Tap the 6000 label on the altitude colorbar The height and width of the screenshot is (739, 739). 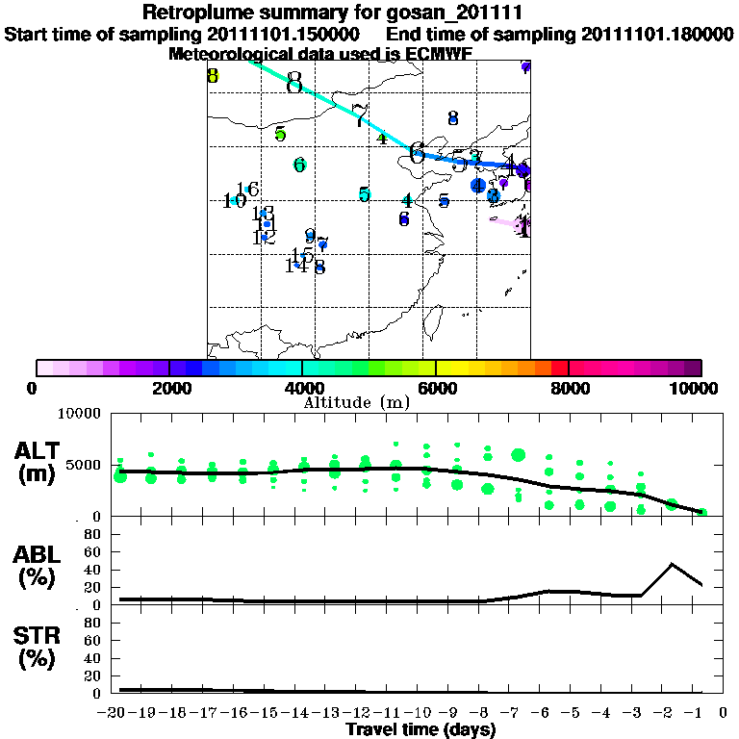tap(435, 388)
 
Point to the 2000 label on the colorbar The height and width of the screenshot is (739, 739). tap(168, 388)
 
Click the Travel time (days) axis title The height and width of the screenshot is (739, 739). tap(420, 729)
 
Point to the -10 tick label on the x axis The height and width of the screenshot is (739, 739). tap(420, 713)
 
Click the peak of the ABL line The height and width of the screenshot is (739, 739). tap(672, 564)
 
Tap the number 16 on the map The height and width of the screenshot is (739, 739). tap(247, 190)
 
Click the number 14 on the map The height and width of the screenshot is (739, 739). tap(295, 265)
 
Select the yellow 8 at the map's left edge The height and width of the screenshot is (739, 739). tap(213, 76)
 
